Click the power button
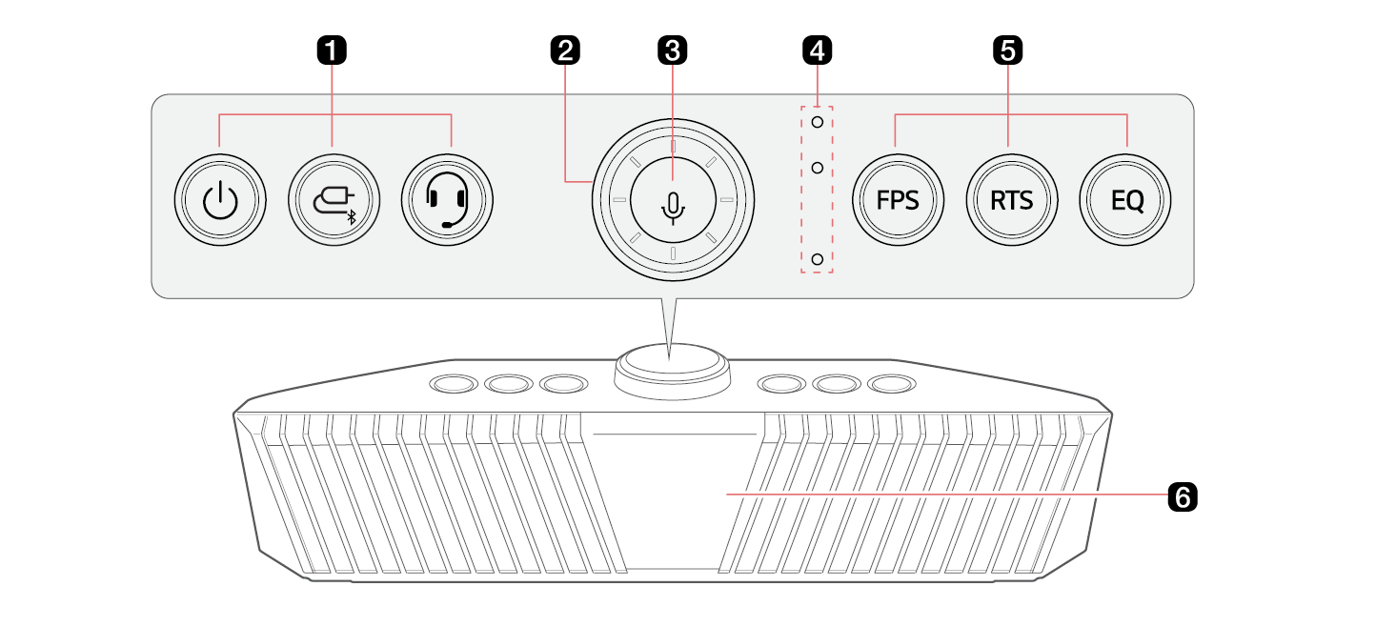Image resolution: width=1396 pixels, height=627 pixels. click(x=220, y=200)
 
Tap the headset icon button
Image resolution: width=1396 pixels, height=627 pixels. click(x=447, y=200)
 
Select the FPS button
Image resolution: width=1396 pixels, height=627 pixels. click(x=898, y=200)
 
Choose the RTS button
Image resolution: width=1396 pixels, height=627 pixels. click(x=1012, y=200)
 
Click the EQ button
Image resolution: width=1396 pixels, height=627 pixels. click(x=1125, y=200)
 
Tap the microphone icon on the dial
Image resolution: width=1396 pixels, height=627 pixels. click(x=673, y=208)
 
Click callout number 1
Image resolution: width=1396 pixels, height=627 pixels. click(x=332, y=51)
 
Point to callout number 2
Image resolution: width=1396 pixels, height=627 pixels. click(x=565, y=51)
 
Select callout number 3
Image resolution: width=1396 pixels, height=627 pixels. click(x=673, y=51)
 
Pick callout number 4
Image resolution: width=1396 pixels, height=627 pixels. click(x=817, y=51)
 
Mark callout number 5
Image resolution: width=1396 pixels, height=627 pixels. click(x=1008, y=51)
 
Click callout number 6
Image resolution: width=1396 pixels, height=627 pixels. click(x=1183, y=496)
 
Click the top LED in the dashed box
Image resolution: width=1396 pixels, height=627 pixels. click(x=817, y=122)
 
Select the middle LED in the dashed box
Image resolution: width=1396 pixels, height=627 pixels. click(x=817, y=168)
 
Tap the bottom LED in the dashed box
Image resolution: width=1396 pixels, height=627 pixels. click(x=817, y=258)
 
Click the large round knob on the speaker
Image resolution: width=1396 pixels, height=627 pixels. click(x=673, y=371)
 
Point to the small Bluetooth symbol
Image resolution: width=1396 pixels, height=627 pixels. click(x=352, y=217)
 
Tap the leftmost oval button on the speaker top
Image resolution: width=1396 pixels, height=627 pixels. click(x=454, y=383)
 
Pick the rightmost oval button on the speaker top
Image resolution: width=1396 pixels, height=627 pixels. click(x=892, y=383)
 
